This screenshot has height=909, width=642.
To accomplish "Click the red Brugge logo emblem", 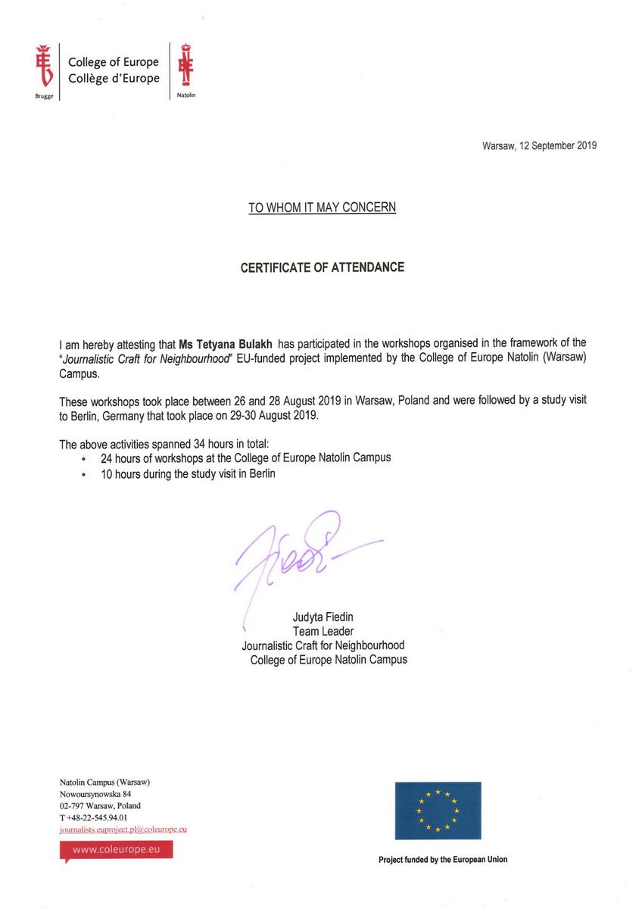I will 43,66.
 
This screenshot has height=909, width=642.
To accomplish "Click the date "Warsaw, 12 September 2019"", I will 539,146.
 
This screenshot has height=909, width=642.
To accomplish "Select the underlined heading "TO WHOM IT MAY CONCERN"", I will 322,207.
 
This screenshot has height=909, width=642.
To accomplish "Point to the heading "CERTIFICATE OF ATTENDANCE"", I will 322,267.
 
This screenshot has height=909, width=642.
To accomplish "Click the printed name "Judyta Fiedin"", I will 323,617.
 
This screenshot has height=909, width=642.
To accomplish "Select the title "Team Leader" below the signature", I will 323,631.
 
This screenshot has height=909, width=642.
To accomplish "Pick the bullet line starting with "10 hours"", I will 189,474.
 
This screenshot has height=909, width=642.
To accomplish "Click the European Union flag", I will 438,811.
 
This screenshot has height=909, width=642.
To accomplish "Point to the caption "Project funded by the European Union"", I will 443,860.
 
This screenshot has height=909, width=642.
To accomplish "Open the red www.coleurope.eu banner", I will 116,850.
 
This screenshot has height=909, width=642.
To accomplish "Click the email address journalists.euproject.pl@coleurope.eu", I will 123,829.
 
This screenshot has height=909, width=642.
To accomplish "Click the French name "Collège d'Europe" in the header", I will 114,78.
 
